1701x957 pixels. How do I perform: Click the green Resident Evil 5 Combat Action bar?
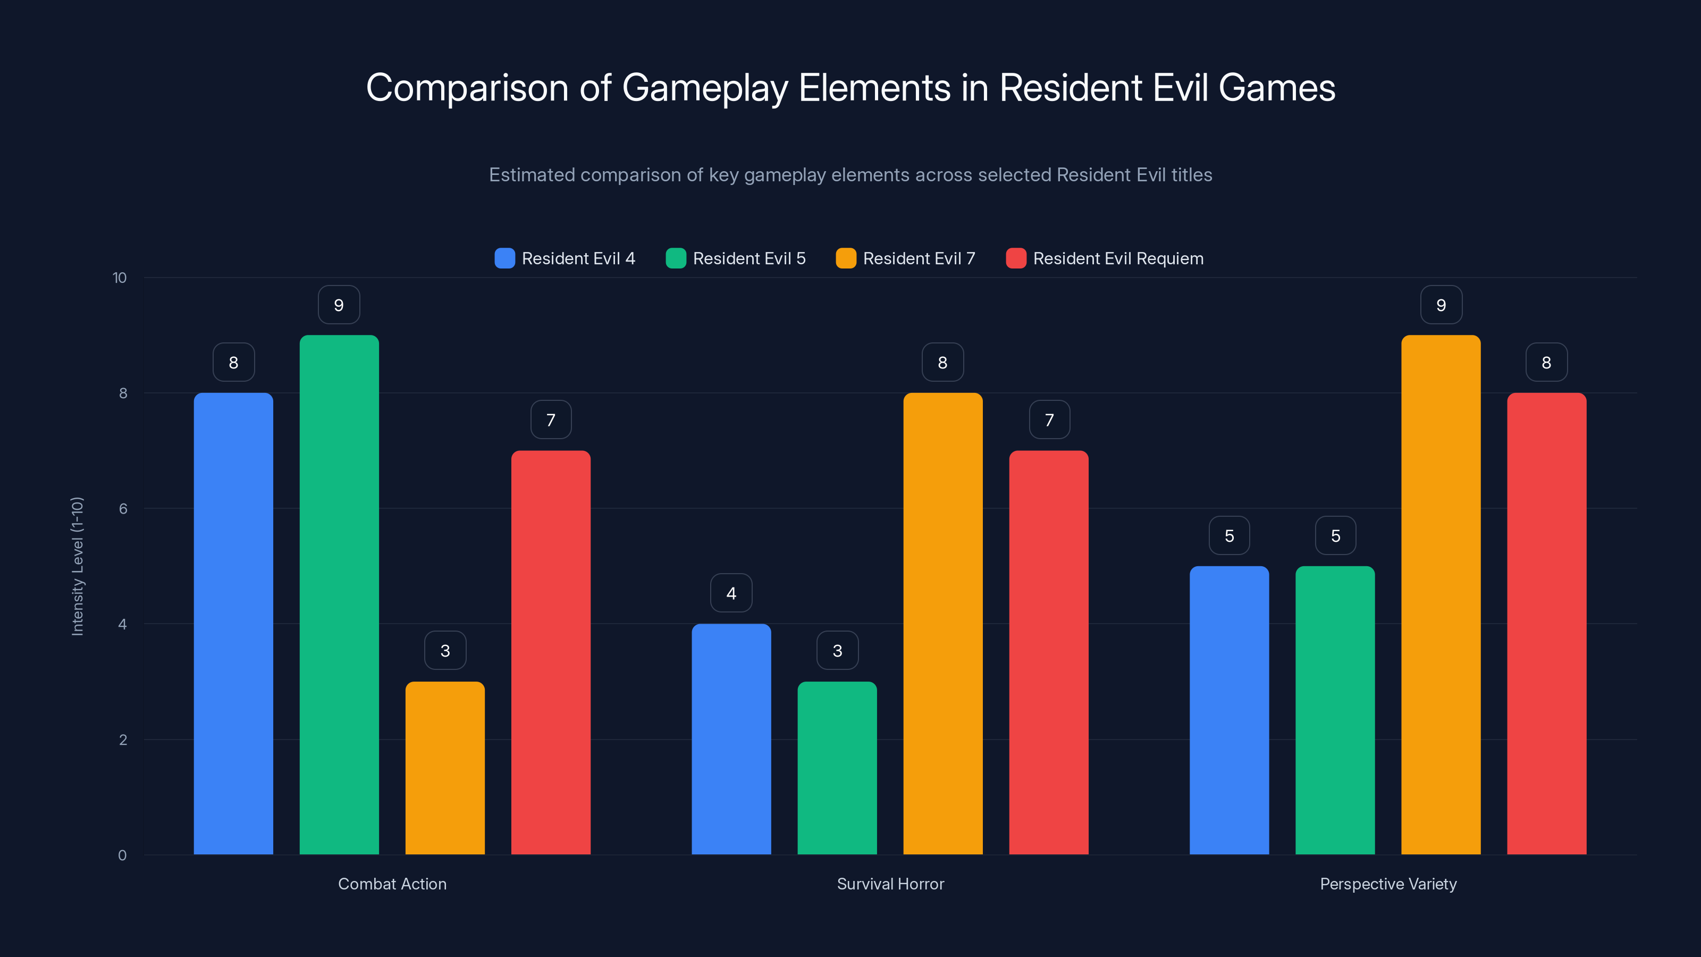tap(339, 594)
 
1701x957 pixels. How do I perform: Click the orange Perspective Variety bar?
tap(1441, 594)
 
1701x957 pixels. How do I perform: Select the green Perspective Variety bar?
tap(1335, 710)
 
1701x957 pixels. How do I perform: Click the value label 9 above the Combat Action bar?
tap(339, 305)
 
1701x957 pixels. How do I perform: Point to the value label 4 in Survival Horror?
tap(731, 593)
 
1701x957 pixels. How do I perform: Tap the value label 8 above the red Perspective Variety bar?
tap(1546, 363)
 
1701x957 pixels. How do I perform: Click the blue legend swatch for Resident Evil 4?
tap(504, 258)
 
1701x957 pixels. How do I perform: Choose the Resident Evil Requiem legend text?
tap(1118, 258)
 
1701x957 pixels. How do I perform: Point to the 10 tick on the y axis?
tap(120, 278)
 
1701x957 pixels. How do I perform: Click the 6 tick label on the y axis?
tap(123, 509)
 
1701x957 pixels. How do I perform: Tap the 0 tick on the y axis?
tap(122, 855)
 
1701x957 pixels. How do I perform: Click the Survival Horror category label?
tap(890, 884)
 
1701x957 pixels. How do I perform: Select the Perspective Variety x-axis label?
tap(1388, 884)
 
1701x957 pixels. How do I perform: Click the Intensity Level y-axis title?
tap(77, 566)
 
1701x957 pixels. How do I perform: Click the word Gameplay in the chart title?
tap(704, 88)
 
